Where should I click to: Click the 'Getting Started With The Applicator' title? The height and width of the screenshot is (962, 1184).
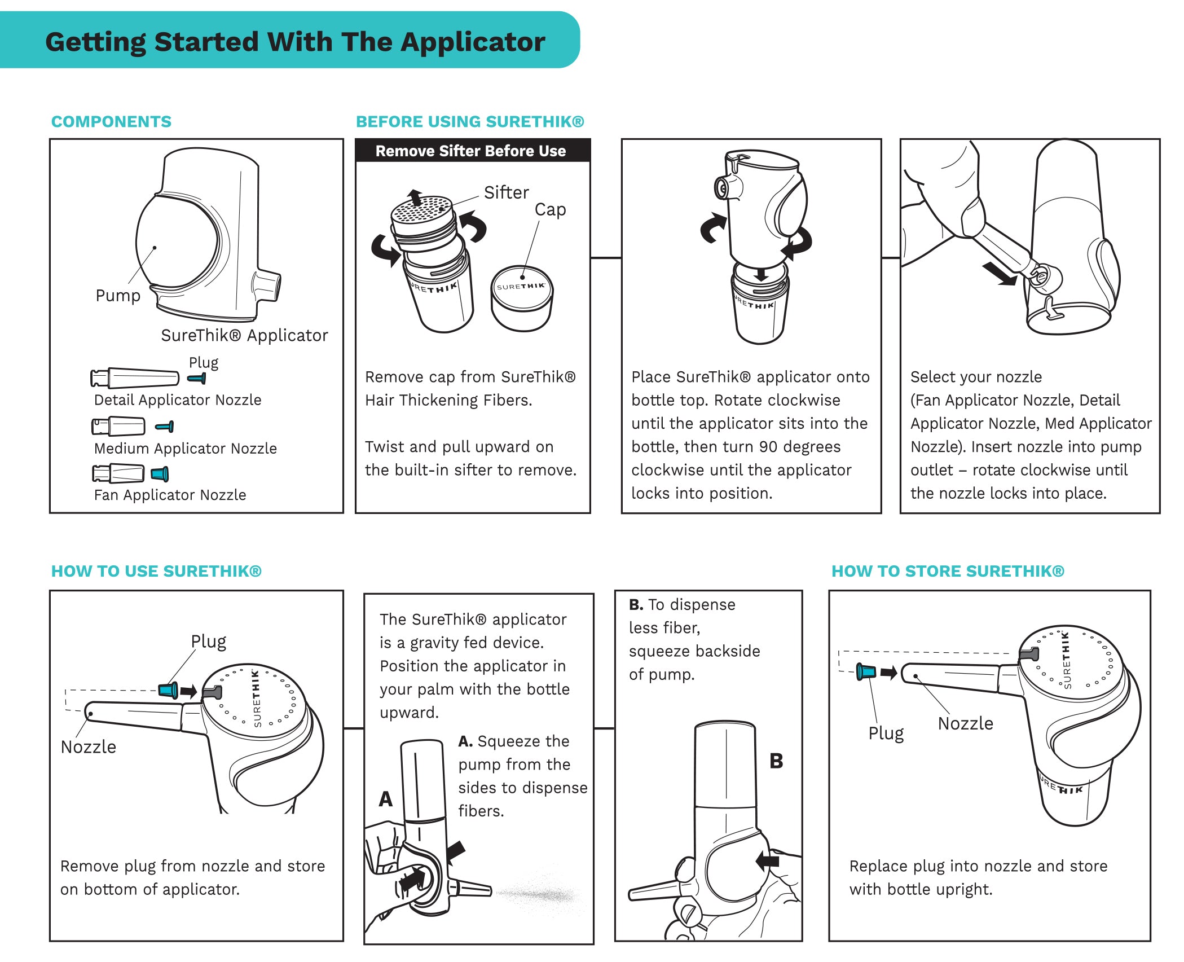click(x=294, y=42)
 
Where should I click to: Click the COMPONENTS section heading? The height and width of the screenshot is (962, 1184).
click(x=111, y=121)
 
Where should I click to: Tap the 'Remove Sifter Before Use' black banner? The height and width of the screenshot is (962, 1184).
click(x=471, y=151)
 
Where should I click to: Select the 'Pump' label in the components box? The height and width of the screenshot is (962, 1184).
click(x=117, y=296)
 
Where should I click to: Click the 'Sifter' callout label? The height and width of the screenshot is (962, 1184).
click(x=506, y=192)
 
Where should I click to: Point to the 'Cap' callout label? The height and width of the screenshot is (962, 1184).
click(x=550, y=209)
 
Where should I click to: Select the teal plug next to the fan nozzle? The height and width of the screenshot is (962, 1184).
click(x=160, y=474)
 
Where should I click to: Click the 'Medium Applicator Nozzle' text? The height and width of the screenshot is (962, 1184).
click(x=185, y=449)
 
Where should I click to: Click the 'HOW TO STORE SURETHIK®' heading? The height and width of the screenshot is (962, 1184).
click(x=948, y=571)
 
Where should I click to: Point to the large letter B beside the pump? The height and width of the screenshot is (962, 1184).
click(x=776, y=761)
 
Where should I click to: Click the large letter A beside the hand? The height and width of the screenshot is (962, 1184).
click(x=385, y=799)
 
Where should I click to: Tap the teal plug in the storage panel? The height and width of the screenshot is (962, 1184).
click(x=866, y=671)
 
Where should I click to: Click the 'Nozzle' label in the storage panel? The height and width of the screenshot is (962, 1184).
click(x=965, y=723)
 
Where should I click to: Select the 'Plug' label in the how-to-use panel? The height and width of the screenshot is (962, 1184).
click(x=208, y=642)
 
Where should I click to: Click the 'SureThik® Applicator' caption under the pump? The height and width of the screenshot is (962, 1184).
click(x=244, y=335)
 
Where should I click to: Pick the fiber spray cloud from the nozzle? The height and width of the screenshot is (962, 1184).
click(x=542, y=893)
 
